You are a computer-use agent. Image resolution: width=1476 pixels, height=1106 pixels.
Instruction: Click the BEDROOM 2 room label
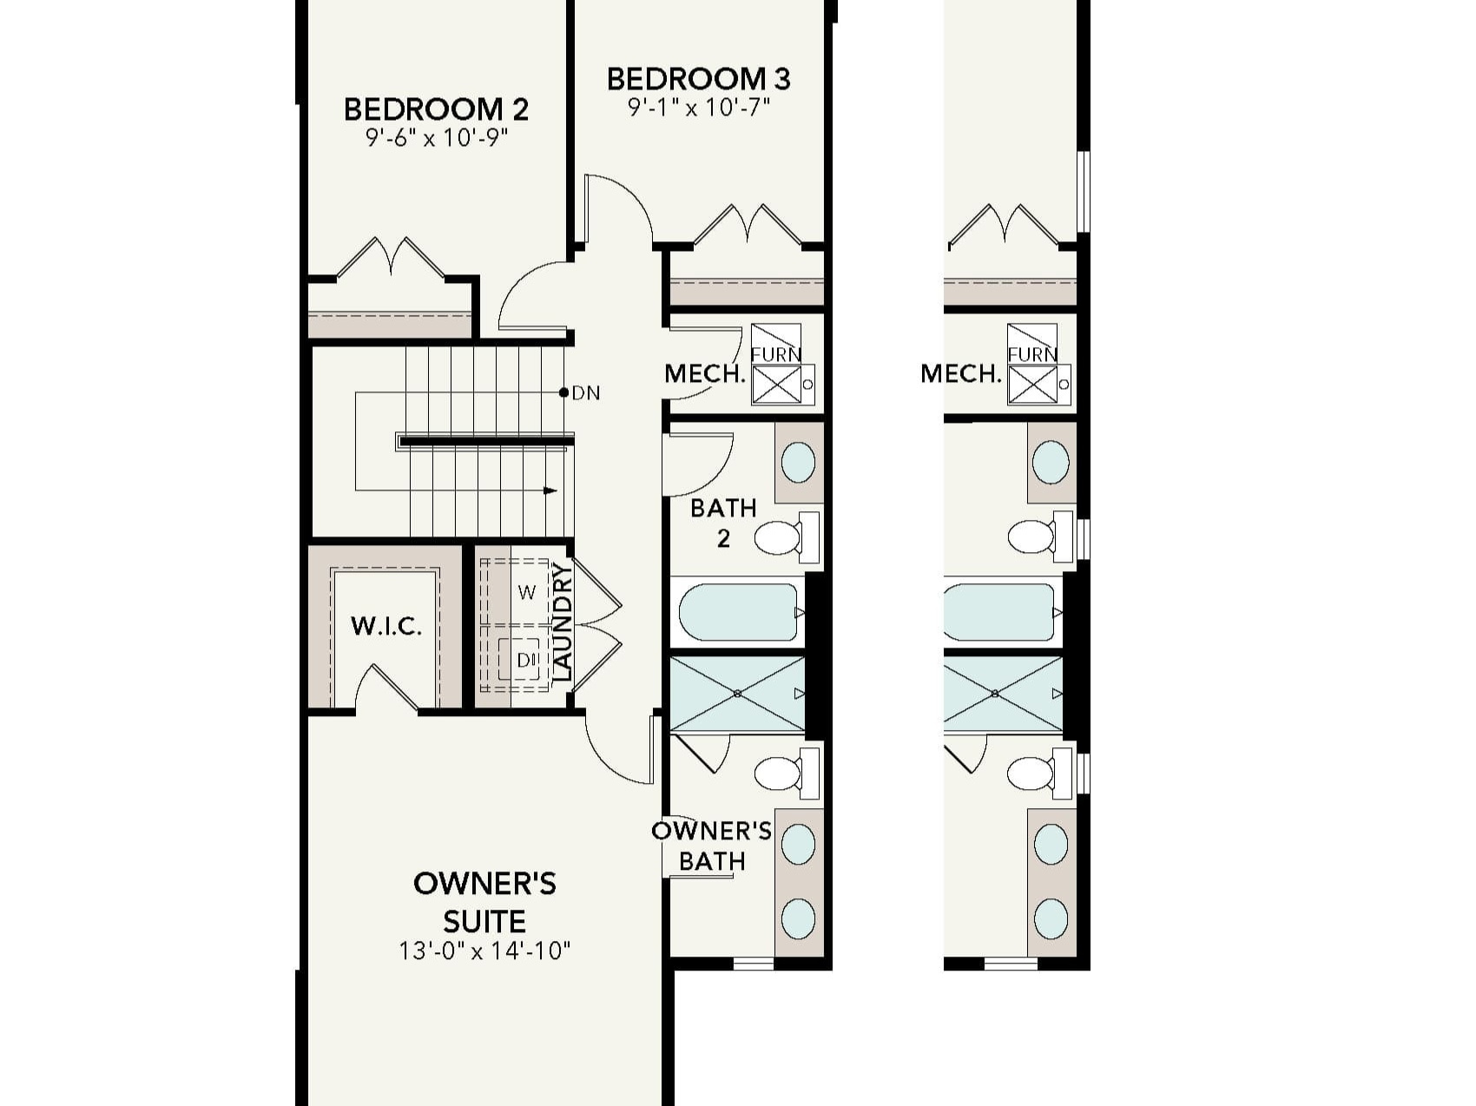436,109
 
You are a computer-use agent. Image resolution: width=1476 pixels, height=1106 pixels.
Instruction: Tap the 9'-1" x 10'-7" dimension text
699,108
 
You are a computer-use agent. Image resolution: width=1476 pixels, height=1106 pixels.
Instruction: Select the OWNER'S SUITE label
484,902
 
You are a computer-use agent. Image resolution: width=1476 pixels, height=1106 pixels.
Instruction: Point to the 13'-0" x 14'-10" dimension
484,951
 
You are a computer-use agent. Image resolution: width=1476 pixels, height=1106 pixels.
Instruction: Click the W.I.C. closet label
386,626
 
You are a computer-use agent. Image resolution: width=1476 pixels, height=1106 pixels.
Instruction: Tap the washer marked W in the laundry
527,593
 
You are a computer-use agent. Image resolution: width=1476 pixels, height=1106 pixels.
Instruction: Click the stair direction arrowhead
550,490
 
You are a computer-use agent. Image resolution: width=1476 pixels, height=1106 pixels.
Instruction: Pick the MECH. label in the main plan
705,374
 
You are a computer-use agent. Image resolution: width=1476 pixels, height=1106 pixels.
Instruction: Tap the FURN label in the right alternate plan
1032,354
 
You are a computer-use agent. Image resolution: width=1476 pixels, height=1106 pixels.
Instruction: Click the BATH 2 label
723,523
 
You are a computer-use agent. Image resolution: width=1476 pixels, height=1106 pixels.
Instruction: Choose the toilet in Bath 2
779,537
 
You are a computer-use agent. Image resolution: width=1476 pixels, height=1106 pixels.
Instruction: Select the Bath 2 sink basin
798,462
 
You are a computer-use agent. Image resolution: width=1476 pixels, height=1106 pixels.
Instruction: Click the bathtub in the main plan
738,612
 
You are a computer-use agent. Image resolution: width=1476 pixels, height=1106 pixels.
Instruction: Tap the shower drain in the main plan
737,693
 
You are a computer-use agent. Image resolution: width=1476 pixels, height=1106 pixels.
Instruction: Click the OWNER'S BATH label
712,846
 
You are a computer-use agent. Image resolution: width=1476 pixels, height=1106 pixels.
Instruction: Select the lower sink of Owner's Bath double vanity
798,918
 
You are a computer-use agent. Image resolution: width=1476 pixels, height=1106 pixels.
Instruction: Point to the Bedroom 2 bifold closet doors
390,257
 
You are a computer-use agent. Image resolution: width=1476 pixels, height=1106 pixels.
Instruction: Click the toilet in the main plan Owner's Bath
778,773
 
